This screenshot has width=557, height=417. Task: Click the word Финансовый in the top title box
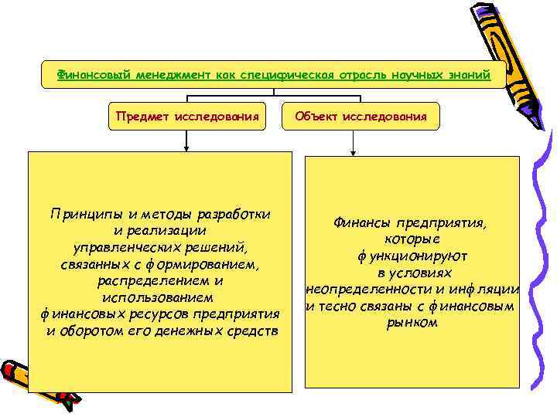point(88,76)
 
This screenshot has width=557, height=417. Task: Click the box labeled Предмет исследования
point(187,117)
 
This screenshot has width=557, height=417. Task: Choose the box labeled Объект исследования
point(361,117)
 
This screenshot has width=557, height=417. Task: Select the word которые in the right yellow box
point(412,239)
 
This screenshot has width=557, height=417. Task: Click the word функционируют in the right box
point(412,256)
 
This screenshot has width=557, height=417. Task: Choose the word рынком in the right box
point(412,324)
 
